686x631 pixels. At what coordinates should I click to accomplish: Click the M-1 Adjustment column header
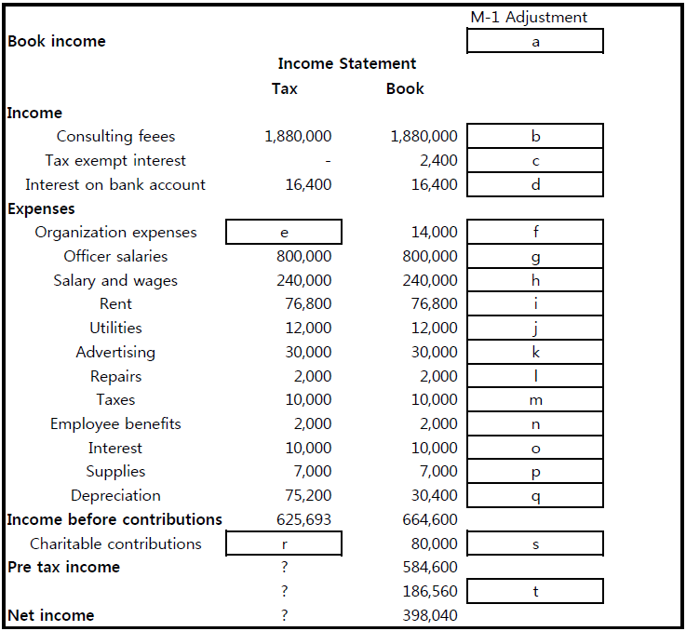(x=529, y=17)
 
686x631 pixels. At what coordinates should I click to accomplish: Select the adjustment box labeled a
(x=535, y=41)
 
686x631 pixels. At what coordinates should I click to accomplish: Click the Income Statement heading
(x=346, y=64)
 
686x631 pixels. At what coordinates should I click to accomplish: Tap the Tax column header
(x=285, y=88)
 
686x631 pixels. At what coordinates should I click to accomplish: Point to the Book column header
(x=405, y=88)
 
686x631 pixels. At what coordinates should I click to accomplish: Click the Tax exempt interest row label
(x=115, y=161)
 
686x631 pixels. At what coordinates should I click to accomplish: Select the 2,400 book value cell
(x=437, y=161)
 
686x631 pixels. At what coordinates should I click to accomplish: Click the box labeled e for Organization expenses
(x=284, y=232)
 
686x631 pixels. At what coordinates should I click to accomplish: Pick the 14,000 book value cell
(x=434, y=233)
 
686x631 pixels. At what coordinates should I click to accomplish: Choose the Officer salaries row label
(x=115, y=256)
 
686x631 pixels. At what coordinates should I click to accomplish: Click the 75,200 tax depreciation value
(x=308, y=496)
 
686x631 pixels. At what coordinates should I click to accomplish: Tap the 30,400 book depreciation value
(x=434, y=496)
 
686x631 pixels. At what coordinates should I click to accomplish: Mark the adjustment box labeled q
(x=535, y=496)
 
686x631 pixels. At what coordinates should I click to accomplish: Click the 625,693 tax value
(x=303, y=519)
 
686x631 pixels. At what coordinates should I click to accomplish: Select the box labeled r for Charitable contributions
(x=284, y=544)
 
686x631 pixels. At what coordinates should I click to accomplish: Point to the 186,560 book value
(x=429, y=592)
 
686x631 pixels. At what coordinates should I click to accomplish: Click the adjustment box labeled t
(x=535, y=591)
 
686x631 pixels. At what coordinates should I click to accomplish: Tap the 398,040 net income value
(x=429, y=615)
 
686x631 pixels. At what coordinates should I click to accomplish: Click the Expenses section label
(x=41, y=208)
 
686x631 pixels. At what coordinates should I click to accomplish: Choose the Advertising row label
(x=115, y=352)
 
